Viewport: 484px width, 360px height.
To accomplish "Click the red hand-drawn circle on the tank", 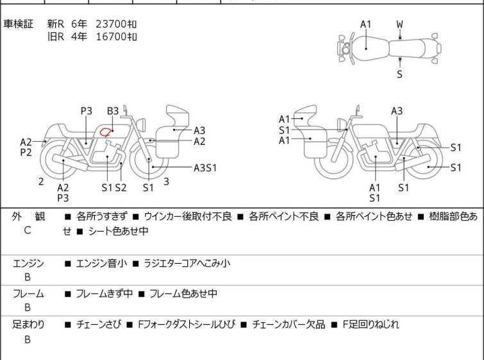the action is [x=105, y=133].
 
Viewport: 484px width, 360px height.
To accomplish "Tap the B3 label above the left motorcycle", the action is [x=113, y=111].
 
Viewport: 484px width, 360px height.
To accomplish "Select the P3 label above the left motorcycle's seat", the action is [x=87, y=111].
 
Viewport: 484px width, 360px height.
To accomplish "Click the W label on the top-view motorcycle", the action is [x=400, y=24].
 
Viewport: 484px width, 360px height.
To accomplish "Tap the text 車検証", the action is [x=18, y=24].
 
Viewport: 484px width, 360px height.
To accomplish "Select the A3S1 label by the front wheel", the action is [x=205, y=167].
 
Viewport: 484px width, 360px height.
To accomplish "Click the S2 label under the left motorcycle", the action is [x=121, y=187].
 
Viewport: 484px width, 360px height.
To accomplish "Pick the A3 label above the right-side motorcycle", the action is [x=397, y=111].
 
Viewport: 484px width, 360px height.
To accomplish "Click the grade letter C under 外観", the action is [x=28, y=230].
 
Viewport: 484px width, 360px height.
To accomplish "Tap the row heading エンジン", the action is [x=28, y=263].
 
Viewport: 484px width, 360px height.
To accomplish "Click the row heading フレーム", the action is [x=28, y=293].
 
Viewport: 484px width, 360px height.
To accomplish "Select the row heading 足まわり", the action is [x=28, y=325].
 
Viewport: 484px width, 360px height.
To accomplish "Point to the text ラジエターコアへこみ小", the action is [x=187, y=263].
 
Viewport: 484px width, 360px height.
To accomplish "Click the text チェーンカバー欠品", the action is [x=288, y=325].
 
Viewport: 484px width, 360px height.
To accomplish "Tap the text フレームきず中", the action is [x=104, y=293].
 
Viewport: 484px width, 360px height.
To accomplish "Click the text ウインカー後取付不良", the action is [x=188, y=216].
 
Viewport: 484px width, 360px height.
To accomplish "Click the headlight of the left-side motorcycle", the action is [x=141, y=124].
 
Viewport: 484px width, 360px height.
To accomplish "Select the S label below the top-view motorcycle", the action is [x=400, y=74].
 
